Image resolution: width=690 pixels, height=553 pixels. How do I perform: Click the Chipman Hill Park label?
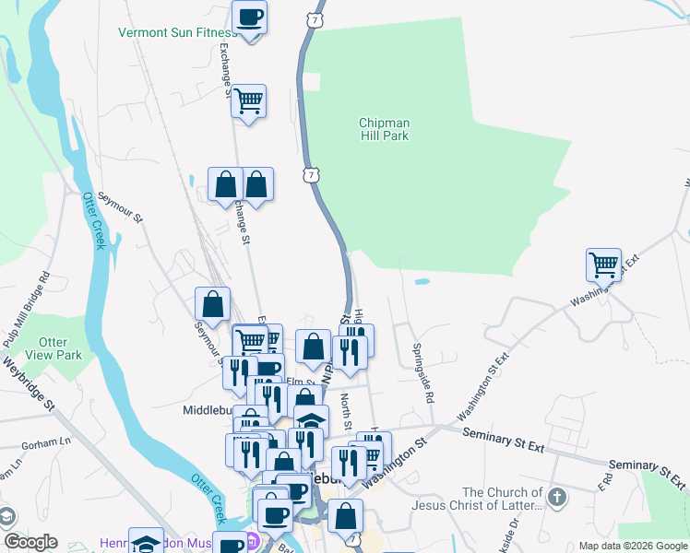[385, 129]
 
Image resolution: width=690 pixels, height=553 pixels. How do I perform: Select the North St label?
[346, 411]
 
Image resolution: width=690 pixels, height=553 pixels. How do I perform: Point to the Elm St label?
[295, 381]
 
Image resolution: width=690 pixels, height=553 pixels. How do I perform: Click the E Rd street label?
[607, 480]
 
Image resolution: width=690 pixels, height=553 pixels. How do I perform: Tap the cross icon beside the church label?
[556, 498]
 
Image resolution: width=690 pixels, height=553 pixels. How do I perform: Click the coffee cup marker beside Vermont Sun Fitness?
[249, 18]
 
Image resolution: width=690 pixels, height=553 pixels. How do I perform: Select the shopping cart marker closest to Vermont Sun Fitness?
[248, 100]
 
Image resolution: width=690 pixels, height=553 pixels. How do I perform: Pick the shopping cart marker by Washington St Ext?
[604, 265]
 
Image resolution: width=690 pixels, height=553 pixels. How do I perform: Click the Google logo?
[30, 542]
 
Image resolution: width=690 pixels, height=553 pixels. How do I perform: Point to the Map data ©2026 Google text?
[632, 546]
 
